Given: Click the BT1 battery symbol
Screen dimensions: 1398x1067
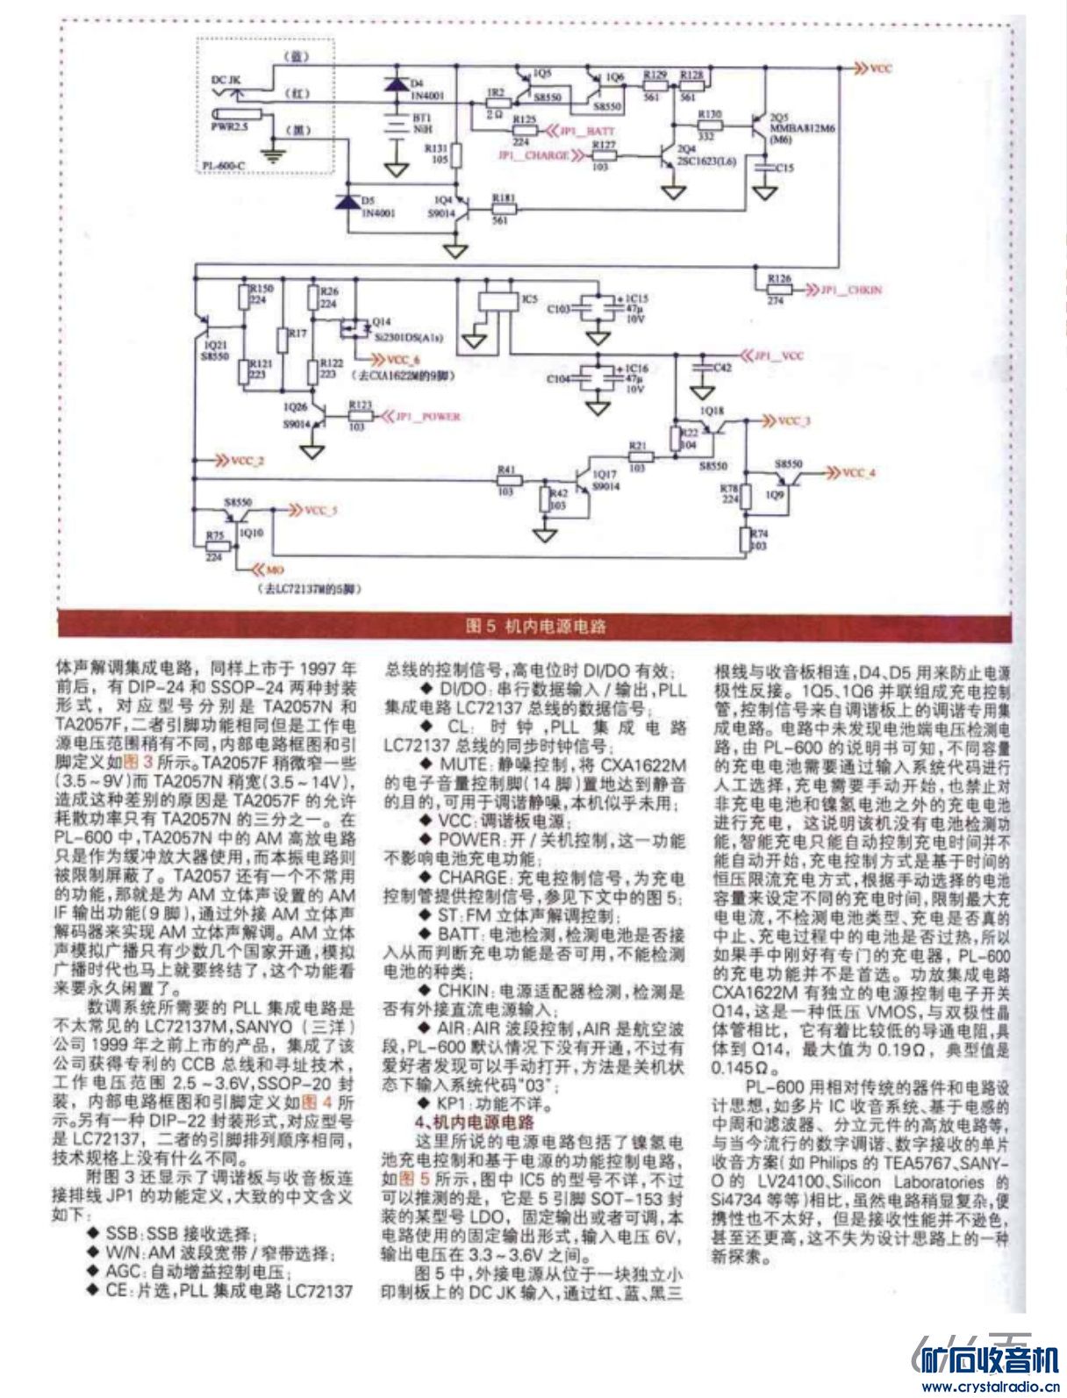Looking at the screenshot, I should pos(397,123).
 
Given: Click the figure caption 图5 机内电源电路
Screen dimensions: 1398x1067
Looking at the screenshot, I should pos(535,626).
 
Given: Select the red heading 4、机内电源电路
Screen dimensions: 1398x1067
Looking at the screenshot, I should pos(474,1122).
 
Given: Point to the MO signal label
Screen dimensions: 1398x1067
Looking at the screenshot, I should pos(276,570).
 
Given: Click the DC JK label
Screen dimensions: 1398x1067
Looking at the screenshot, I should pos(226,80).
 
